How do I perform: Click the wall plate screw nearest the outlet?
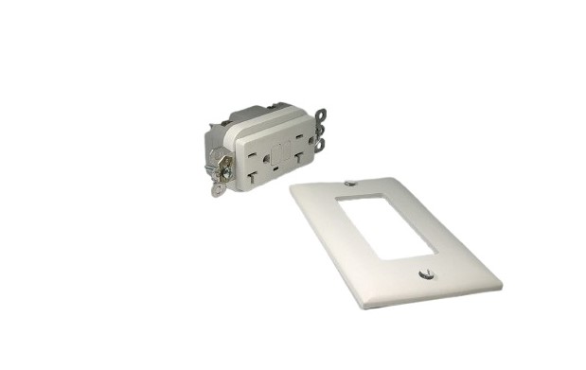[x=350, y=183]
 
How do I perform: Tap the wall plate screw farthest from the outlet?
[x=424, y=275]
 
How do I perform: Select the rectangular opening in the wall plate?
[x=386, y=228]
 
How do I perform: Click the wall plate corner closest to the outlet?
[x=292, y=188]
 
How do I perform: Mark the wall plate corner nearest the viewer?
[x=361, y=307]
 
